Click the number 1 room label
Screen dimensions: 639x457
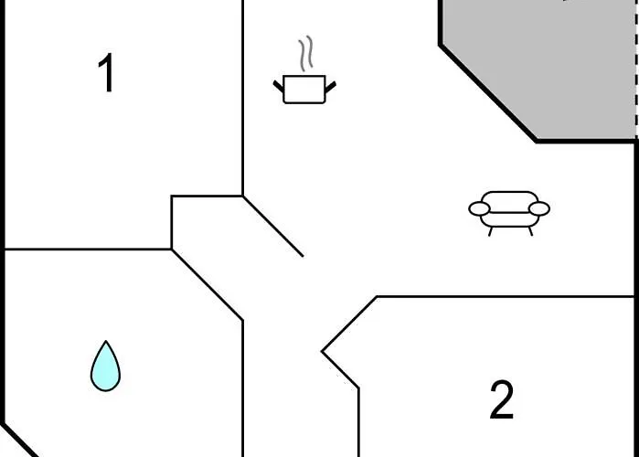[x=107, y=74]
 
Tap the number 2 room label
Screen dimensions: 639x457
[x=501, y=400]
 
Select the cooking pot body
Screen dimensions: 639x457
[x=304, y=90]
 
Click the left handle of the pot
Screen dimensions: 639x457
[x=279, y=86]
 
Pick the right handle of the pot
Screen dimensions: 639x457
[x=330, y=86]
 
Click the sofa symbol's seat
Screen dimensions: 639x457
[x=509, y=218]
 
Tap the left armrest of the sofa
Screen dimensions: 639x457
[x=480, y=209]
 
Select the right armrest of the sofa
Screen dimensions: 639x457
[x=539, y=209]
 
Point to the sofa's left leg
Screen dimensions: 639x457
[x=491, y=231]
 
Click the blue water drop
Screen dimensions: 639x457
[x=105, y=367]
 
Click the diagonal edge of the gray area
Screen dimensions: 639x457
[x=488, y=92]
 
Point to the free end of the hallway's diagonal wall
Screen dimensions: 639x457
[x=303, y=256]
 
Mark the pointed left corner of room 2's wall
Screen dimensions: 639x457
[x=323, y=351]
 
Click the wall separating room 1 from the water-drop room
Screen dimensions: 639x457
[x=87, y=249]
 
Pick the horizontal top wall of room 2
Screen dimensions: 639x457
[x=503, y=296]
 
